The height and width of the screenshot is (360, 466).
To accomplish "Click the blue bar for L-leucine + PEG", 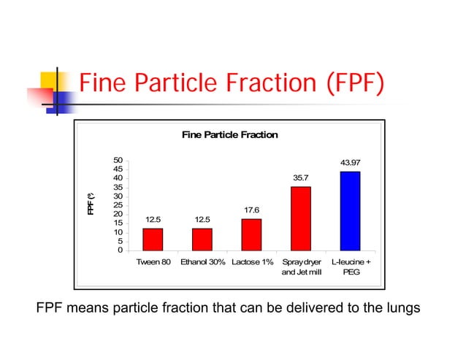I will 350,211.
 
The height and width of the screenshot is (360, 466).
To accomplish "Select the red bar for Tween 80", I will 153,240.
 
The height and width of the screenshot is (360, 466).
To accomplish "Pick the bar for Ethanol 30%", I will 202,240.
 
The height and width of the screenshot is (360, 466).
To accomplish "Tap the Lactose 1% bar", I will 251,234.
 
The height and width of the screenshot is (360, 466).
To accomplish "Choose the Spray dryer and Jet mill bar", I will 300,218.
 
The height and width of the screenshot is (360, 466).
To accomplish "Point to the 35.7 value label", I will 300,177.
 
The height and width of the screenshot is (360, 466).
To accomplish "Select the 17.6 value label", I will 251,210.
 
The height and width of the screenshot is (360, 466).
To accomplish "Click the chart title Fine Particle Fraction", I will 229,135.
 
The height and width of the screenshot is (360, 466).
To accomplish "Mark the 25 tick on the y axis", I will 118,205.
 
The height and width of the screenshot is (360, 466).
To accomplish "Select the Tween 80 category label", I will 153,261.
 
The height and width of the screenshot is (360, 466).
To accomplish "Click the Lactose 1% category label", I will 251,261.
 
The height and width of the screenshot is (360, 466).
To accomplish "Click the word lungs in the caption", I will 401,307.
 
